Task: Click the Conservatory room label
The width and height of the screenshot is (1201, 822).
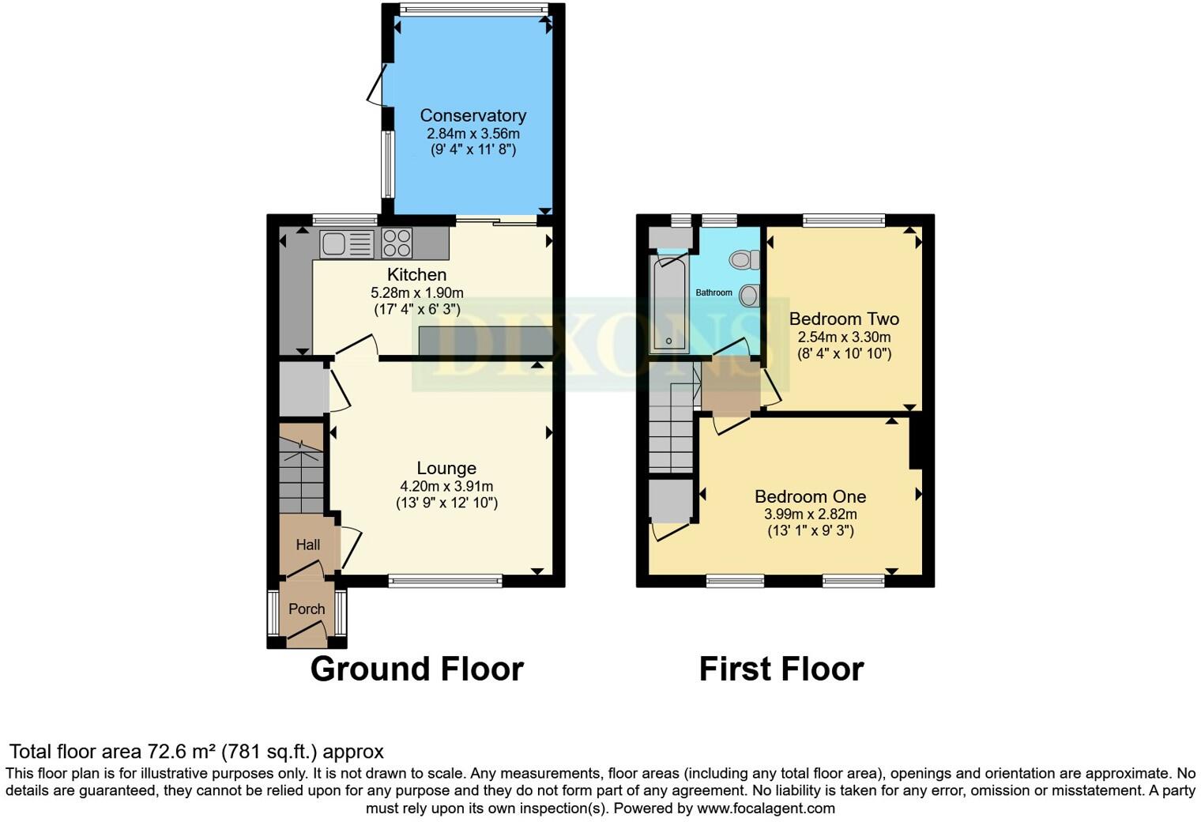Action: tap(472, 115)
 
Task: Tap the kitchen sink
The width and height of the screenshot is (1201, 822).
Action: tap(346, 243)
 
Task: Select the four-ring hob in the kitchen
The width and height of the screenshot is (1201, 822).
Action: tap(397, 243)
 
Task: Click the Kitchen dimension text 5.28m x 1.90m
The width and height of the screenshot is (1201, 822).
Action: tap(417, 292)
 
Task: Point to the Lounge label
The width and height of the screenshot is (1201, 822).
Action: tap(446, 469)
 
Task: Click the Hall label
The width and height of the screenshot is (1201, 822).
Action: tap(308, 545)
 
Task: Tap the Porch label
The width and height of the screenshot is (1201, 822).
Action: tap(307, 609)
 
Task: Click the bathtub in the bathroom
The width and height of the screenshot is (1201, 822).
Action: tap(668, 304)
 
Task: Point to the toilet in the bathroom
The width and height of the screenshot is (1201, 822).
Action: tap(744, 259)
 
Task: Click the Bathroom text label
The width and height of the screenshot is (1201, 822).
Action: tap(713, 292)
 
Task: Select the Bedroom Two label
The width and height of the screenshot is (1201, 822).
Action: tap(844, 319)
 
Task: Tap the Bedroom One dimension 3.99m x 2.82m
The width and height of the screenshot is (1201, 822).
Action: tap(810, 514)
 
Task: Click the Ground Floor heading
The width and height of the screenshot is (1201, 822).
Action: tap(416, 669)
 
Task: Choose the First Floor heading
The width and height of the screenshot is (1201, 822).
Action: tap(781, 669)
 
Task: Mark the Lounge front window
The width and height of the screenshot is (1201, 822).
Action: tap(446, 581)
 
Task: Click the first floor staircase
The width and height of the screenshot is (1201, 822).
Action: tap(671, 431)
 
